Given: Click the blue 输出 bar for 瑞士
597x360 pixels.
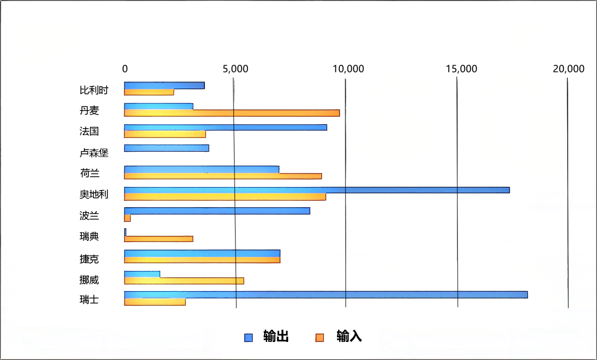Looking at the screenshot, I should pyautogui.click(x=325, y=295).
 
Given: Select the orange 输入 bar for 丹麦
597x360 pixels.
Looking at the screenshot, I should pyautogui.click(x=231, y=113).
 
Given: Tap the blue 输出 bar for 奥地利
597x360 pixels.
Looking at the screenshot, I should pyautogui.click(x=316, y=190).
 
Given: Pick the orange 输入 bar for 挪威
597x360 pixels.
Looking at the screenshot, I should pyautogui.click(x=184, y=281).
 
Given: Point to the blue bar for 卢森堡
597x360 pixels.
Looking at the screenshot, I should pyautogui.click(x=166, y=148).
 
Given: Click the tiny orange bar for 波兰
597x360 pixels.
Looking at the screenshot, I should pyautogui.click(x=128, y=218).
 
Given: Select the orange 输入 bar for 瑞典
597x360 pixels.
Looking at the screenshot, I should pyautogui.click(x=158, y=238).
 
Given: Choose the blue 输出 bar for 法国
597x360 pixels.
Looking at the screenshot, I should pyautogui.click(x=225, y=127).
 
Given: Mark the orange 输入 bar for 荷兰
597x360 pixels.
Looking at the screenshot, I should pyautogui.click(x=222, y=176).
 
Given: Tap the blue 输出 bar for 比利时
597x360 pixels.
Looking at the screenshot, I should pyautogui.click(x=164, y=85).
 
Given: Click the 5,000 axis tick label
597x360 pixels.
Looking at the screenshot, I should pyautogui.click(x=235, y=69).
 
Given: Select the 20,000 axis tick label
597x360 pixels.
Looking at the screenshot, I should pyautogui.click(x=568, y=69).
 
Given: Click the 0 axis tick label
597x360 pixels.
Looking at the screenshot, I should pyautogui.click(x=125, y=69).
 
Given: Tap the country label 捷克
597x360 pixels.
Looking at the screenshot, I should pyautogui.click(x=89, y=259).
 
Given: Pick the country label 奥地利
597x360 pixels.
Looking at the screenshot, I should pyautogui.click(x=94, y=194).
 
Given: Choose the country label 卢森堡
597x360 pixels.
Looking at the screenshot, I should pyautogui.click(x=94, y=153).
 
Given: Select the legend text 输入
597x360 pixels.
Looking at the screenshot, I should pyautogui.click(x=349, y=337).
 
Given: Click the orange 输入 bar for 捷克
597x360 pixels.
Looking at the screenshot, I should pyautogui.click(x=202, y=260).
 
